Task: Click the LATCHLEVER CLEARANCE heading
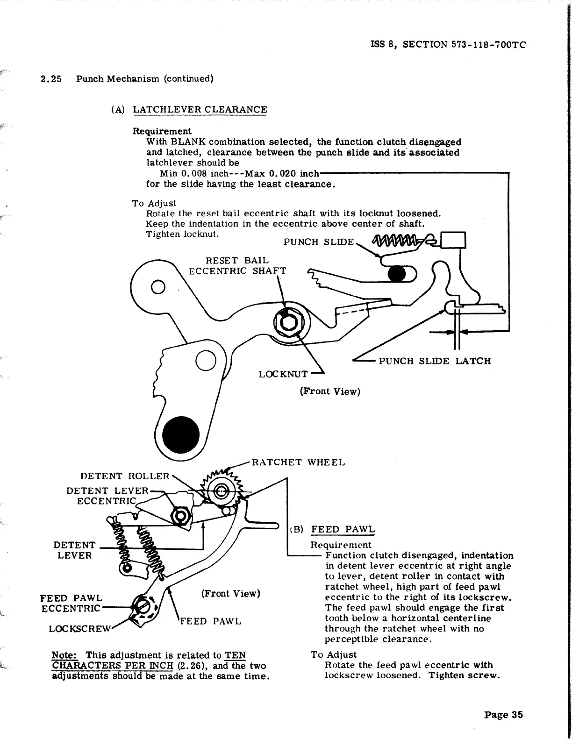tap(200, 110)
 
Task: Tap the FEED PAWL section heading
tap(343, 529)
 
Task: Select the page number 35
tap(503, 715)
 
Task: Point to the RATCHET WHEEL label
tap(298, 462)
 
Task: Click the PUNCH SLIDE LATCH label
tap(434, 361)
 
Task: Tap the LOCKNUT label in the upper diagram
tap(283, 374)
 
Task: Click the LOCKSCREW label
tap(79, 629)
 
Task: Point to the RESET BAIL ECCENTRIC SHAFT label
tap(237, 266)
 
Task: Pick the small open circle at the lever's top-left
tap(158, 286)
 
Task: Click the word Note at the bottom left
tap(64, 655)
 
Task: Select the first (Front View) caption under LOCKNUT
tap(329, 391)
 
